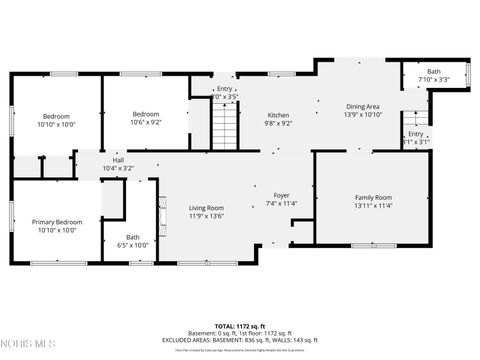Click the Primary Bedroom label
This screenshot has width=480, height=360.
56,222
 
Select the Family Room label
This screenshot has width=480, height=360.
373,198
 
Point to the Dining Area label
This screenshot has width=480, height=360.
363,106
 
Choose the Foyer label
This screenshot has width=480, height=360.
281,194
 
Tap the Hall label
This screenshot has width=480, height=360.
118,160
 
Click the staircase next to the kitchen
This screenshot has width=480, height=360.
226,126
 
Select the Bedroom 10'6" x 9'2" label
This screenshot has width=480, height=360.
146,114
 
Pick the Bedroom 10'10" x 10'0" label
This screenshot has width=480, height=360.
56,116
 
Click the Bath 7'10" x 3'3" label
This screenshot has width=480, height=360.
433,71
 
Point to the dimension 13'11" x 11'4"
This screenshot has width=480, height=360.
373,206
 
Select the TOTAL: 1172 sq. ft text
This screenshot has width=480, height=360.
240,326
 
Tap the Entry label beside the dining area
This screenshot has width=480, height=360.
415,134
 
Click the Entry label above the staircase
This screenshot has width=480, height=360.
225,89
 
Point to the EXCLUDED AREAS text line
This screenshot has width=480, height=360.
240,340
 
